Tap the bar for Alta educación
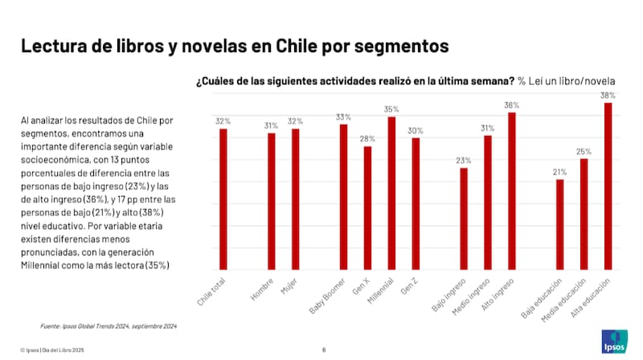pyautogui.click(x=608, y=186)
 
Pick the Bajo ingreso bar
pyautogui.click(x=464, y=219)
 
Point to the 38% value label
pyautogui.click(x=608, y=96)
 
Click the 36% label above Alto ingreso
pyautogui.click(x=511, y=105)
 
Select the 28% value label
pyautogui.click(x=367, y=139)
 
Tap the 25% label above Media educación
pyautogui.click(x=584, y=151)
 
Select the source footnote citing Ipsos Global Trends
pyautogui.click(x=109, y=326)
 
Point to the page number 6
pyautogui.click(x=323, y=350)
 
